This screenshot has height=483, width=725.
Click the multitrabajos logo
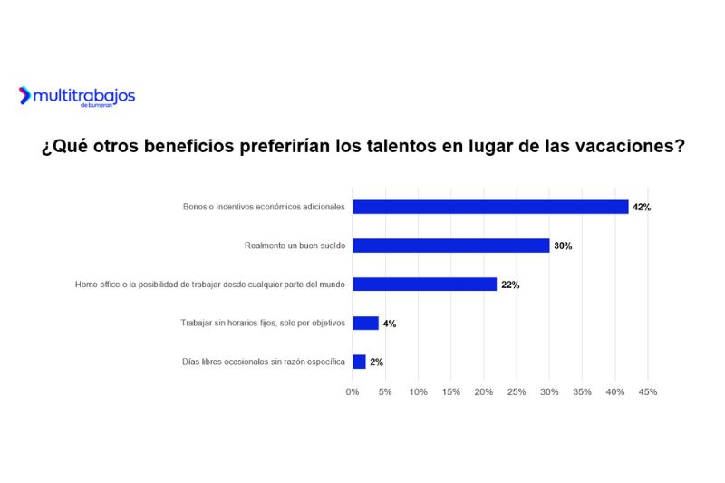click(x=77, y=96)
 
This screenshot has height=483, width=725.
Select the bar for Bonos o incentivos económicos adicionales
click(x=489, y=207)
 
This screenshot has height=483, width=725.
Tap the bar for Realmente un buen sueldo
click(x=450, y=246)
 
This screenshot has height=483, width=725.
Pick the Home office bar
click(x=424, y=285)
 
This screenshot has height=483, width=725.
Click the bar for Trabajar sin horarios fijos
click(x=365, y=324)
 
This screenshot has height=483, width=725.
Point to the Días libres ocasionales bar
click(x=359, y=362)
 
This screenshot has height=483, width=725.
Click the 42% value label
click(x=642, y=208)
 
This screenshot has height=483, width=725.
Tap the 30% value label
click(x=563, y=246)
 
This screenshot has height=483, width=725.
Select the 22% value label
click(x=510, y=285)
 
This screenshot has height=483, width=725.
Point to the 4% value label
click(x=390, y=324)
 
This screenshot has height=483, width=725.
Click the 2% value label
click(x=376, y=362)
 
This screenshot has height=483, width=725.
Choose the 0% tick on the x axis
click(x=353, y=392)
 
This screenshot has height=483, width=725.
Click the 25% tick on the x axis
click(x=517, y=392)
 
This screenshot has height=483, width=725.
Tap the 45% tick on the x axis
click(x=648, y=392)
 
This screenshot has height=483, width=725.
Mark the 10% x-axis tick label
click(x=418, y=392)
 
